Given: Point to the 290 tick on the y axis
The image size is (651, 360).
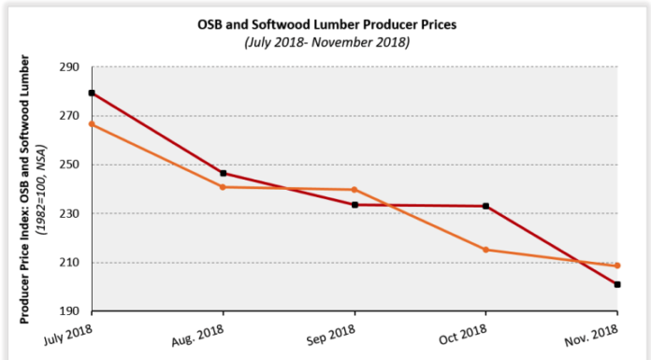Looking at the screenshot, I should [x=69, y=67].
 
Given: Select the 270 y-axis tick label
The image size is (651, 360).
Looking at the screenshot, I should [x=69, y=116].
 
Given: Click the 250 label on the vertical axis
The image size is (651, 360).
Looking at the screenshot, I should [x=69, y=165].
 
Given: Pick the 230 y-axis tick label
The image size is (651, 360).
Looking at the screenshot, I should [x=69, y=213].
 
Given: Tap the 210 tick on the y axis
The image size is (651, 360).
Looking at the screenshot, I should [x=69, y=263].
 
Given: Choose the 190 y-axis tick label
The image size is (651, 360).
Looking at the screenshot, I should [x=69, y=311].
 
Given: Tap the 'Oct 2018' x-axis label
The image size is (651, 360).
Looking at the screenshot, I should [x=462, y=334].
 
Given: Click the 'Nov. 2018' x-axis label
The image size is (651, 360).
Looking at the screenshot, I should [x=591, y=334].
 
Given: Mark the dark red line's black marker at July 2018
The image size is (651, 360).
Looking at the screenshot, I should [x=92, y=94].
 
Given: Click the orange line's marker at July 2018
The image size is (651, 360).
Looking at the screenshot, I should [x=92, y=124].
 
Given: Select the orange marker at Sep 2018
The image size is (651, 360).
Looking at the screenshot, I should [x=354, y=190].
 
